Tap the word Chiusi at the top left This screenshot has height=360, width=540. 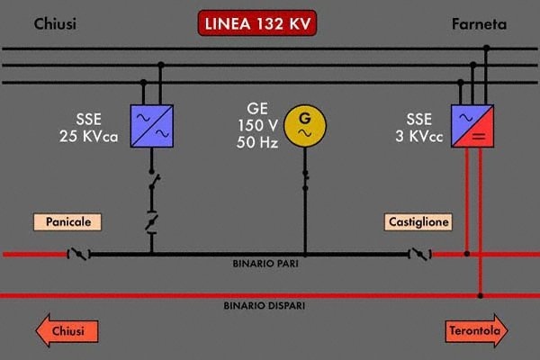tap(55, 24)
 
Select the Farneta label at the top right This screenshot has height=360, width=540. tap(479, 24)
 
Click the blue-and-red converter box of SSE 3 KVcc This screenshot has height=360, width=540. tap(473, 125)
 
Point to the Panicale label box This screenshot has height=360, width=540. tap(68, 220)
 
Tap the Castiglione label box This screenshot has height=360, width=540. tap(418, 220)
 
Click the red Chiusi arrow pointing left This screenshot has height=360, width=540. tap(66, 331)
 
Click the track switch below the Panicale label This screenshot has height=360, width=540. tap(78, 255)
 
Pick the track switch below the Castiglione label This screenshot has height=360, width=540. tap(419, 255)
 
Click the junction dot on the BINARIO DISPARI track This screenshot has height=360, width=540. tap(481, 294)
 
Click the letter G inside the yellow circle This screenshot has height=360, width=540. tap(304, 118)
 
